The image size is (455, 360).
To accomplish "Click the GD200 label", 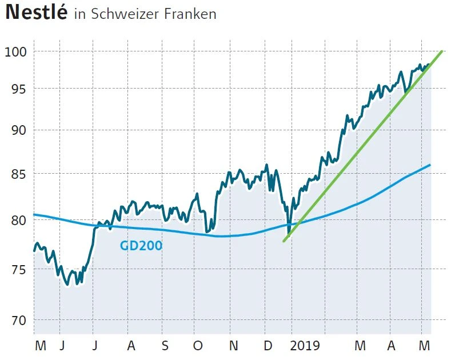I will click(141, 246).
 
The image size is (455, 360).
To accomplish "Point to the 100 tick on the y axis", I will click(17, 52).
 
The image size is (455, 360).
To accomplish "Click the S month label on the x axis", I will click(165, 346).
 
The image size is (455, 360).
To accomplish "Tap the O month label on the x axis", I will click(198, 346).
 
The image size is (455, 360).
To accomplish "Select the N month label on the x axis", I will click(233, 346).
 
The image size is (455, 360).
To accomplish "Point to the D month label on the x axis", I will click(267, 346).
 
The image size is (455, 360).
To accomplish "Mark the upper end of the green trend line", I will click(442, 51).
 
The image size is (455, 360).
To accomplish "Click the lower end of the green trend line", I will click(284, 241).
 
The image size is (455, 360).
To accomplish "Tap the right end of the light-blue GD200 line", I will click(429, 165).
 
